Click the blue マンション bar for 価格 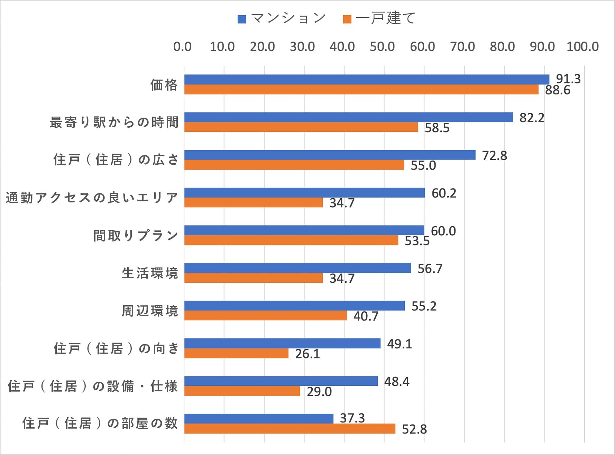coord(367,80)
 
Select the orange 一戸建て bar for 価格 coord(361,90)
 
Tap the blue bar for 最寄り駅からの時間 coord(349,117)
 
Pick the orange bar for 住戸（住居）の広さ coord(294,165)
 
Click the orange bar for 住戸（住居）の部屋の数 coord(290,429)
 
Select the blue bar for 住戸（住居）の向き coord(282,343)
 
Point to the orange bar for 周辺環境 coord(266,316)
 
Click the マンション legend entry coord(282,18)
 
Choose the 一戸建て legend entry coord(379,18)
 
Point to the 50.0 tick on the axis coord(382,47)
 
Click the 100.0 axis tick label coord(583,47)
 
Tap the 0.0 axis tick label coord(182,47)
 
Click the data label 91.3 coord(568,79)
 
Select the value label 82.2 coord(532,118)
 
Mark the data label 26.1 coord(307,354)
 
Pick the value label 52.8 coord(414,429)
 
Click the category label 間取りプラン coord(136,236)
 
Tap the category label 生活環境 coord(150,273)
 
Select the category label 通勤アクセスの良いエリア coord(92,198)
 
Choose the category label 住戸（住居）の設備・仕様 coord(93,386)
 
